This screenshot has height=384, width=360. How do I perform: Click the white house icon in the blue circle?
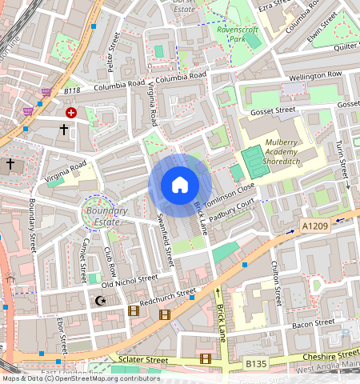click(180, 185)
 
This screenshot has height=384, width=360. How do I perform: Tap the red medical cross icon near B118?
click(72, 114)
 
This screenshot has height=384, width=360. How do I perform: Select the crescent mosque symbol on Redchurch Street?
click(100, 302)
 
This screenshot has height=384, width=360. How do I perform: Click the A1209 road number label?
click(316, 227)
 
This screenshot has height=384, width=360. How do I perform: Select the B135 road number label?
click(256, 364)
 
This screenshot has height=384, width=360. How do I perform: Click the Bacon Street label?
click(313, 323)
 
